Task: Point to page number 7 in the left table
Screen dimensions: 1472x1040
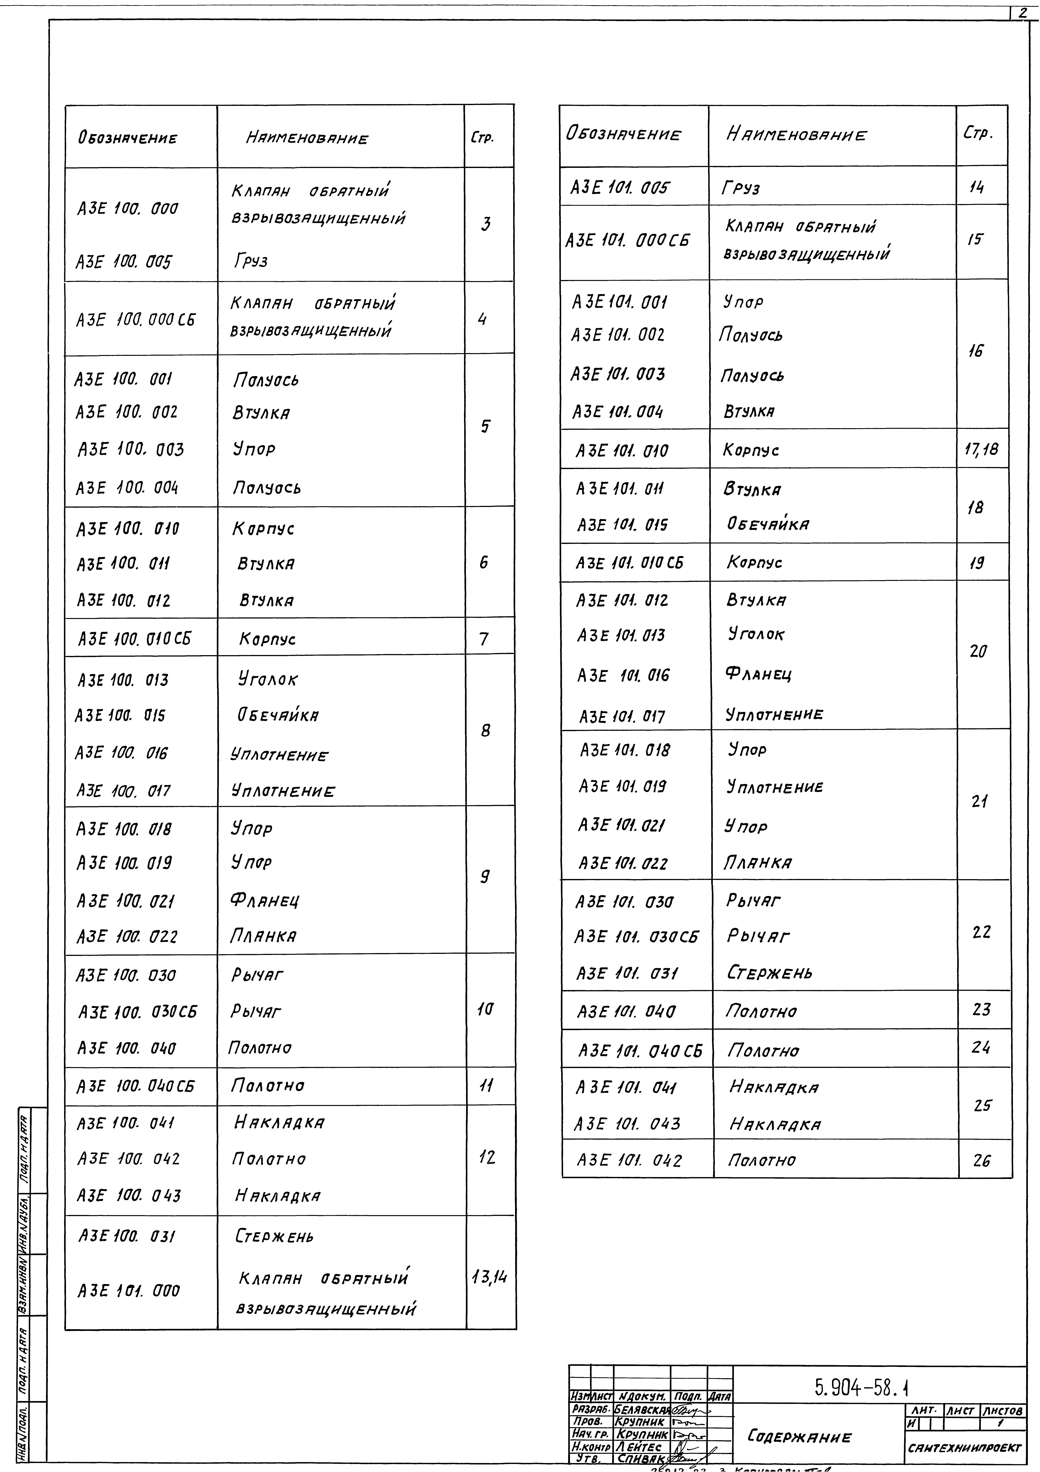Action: tap(484, 638)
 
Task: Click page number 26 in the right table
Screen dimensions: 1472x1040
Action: tap(981, 1160)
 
